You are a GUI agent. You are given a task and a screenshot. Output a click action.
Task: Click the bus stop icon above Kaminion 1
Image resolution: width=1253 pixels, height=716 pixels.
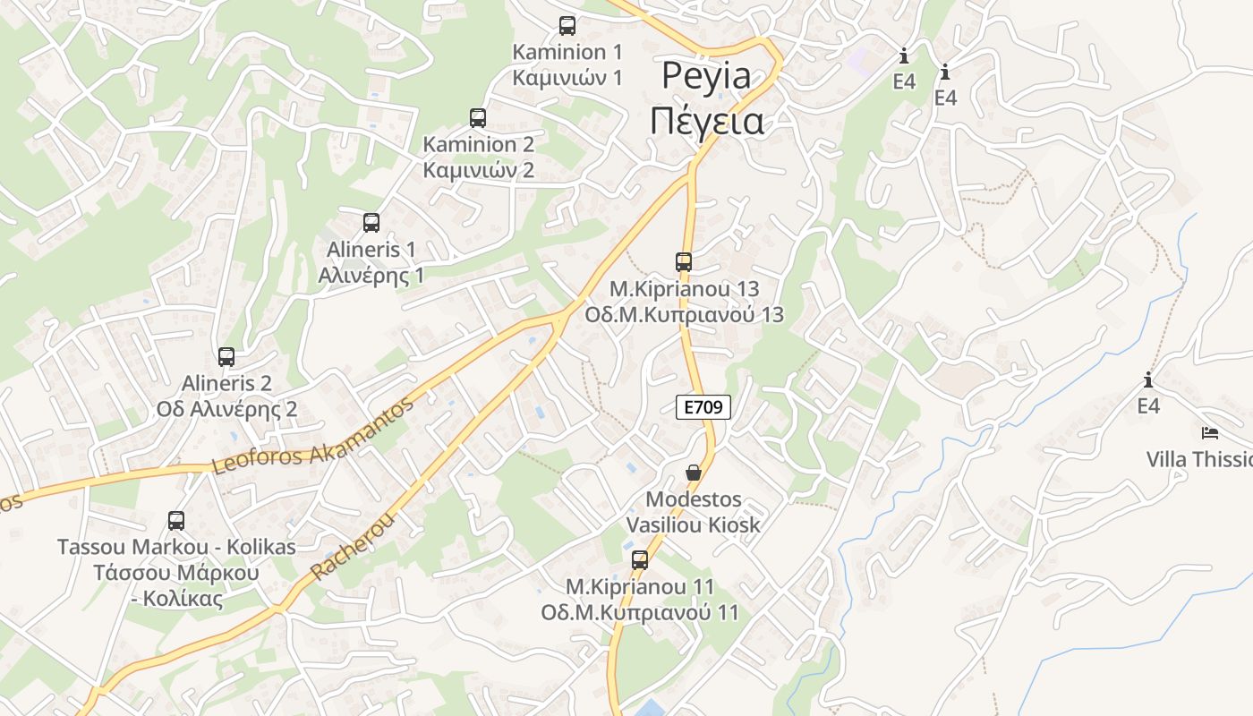click(567, 25)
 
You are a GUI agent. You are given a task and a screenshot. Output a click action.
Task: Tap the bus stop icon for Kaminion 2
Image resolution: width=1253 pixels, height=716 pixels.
click(478, 117)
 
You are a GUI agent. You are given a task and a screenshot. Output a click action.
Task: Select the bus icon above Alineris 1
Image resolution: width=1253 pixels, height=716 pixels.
click(371, 223)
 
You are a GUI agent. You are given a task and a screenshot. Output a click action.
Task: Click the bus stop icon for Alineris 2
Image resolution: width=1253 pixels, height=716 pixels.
click(226, 357)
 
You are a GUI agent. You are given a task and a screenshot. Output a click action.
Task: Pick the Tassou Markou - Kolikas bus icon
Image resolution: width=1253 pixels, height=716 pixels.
click(176, 520)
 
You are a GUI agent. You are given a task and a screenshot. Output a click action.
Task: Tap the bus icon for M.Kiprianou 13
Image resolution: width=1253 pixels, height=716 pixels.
click(684, 262)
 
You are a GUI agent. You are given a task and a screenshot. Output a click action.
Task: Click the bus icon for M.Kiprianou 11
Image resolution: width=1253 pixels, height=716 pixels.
click(640, 560)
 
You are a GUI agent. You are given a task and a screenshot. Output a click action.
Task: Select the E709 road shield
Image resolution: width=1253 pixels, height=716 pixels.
click(703, 408)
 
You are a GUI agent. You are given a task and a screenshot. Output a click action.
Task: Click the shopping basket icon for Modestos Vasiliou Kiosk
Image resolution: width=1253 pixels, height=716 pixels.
click(694, 472)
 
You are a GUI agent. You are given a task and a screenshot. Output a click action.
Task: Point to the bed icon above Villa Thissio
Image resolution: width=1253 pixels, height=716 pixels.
click(1210, 433)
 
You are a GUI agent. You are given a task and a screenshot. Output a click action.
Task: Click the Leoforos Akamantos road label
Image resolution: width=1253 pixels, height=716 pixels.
click(313, 436)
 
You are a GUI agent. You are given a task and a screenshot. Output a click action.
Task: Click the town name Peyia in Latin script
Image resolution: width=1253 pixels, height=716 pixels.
click(706, 76)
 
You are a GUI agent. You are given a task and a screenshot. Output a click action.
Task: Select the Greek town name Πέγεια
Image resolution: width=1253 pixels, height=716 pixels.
click(707, 121)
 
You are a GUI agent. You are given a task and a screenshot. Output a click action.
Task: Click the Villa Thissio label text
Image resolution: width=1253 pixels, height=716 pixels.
click(1199, 460)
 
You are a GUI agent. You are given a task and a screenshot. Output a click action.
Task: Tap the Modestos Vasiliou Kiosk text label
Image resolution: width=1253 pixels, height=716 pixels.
click(694, 512)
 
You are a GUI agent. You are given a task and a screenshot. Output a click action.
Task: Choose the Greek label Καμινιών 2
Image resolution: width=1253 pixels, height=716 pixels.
click(478, 170)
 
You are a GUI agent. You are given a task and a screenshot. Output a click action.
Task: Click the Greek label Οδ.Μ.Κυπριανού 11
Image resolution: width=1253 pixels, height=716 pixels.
click(640, 613)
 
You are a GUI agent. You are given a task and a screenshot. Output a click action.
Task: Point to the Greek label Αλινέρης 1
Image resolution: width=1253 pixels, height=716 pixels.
click(371, 276)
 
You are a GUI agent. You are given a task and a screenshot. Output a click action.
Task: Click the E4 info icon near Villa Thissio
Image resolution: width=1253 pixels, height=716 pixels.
click(1148, 379)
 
